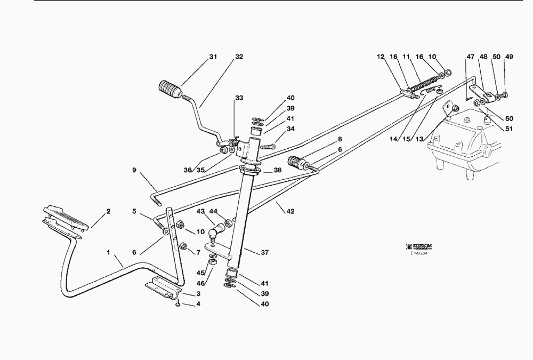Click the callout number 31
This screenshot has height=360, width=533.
click(213, 57)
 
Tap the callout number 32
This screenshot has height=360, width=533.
click(239, 57)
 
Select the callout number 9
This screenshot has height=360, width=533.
click(134, 171)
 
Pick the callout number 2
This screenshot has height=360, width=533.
click(108, 212)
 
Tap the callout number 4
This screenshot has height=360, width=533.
click(198, 305)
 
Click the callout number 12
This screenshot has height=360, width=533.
click(381, 57)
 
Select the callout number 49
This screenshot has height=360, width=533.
click(509, 57)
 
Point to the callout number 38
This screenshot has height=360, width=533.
click(278, 171)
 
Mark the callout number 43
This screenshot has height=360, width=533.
click(201, 212)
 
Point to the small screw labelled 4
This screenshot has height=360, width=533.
click(177, 303)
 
